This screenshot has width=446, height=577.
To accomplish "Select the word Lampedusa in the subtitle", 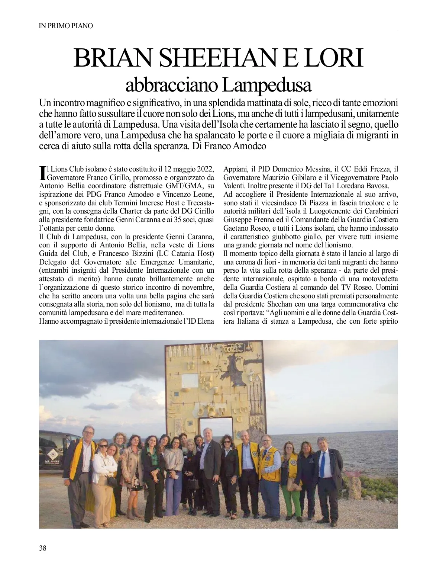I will [266, 85].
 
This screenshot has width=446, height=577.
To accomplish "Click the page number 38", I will [43, 548].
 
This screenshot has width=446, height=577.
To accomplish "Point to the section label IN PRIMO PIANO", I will [66, 26].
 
